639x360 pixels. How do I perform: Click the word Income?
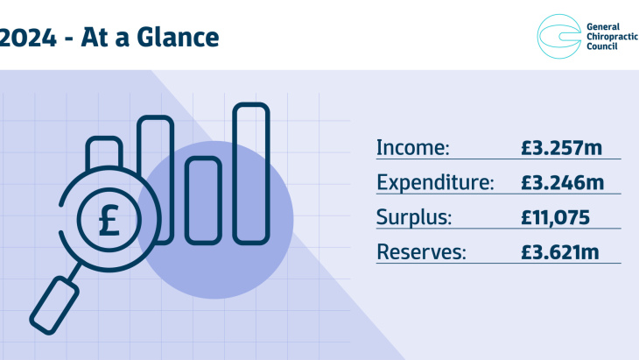[x=412, y=147]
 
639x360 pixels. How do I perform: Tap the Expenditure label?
[x=435, y=183]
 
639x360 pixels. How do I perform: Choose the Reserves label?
[x=422, y=252]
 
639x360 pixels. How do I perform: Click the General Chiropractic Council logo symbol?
[x=558, y=38]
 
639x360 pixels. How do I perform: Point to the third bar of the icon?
[x=202, y=197]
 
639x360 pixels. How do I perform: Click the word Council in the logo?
[x=602, y=47]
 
